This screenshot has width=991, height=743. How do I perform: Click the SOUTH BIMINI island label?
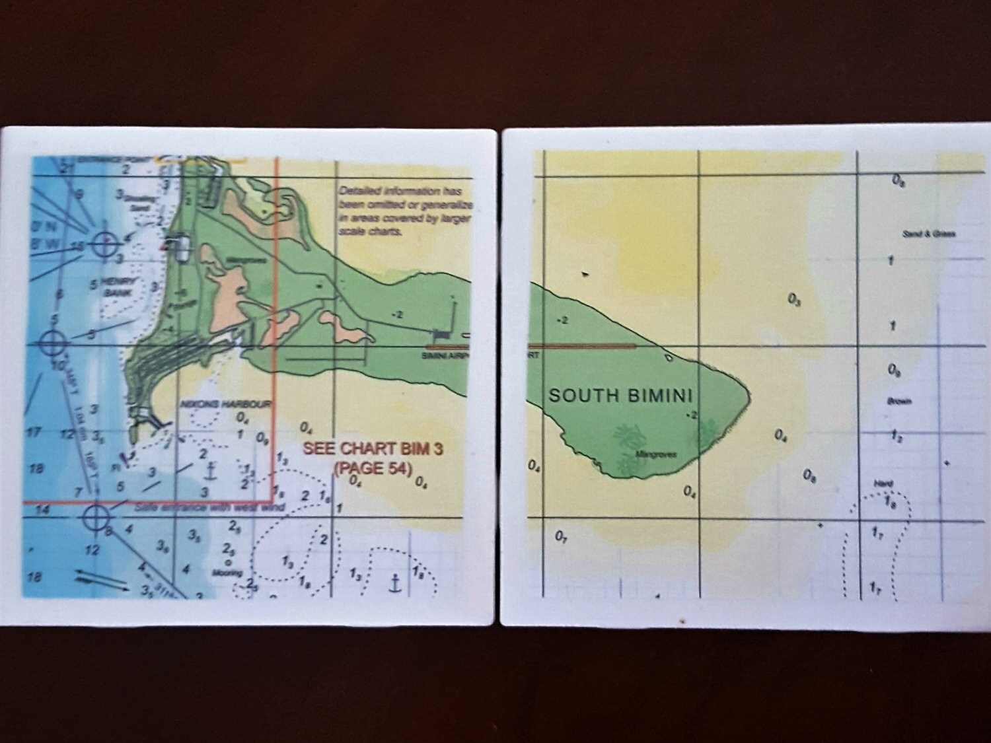click(620, 396)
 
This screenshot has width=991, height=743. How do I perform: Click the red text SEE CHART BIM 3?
click(372, 448)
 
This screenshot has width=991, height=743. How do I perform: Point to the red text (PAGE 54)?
click(373, 468)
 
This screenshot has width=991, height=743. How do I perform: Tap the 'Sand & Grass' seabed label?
click(930, 233)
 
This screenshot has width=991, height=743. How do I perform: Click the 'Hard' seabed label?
click(883, 483)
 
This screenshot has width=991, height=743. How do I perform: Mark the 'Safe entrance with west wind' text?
click(209, 507)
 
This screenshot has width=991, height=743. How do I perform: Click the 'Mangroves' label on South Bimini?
click(653, 454)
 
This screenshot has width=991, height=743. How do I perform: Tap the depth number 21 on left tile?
click(65, 168)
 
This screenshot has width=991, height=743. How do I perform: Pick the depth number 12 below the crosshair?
click(92, 549)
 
